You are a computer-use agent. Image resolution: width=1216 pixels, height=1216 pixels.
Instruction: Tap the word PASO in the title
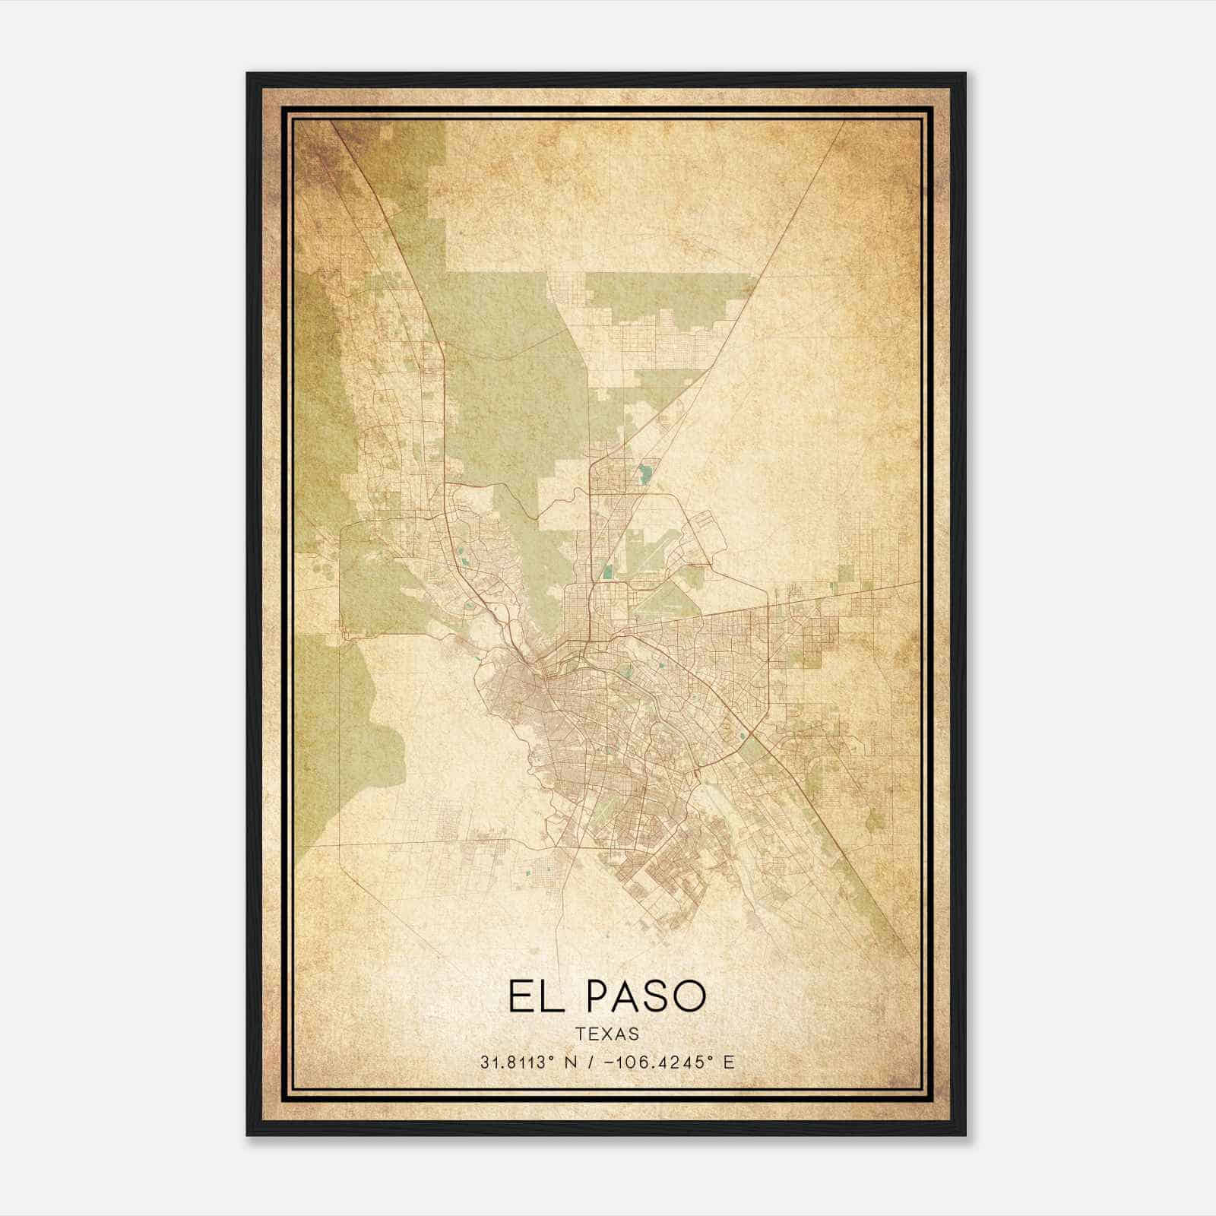click(646, 996)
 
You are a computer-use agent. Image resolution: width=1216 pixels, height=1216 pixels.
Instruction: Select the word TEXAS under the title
click(607, 1034)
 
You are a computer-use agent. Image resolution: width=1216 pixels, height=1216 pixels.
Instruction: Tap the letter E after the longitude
click(729, 1062)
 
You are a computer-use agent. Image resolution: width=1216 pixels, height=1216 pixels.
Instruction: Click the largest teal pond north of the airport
click(645, 473)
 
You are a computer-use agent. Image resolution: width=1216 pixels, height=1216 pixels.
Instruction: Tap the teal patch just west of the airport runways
click(607, 570)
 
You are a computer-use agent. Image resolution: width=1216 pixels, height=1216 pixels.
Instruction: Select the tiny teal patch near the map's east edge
click(834, 586)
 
